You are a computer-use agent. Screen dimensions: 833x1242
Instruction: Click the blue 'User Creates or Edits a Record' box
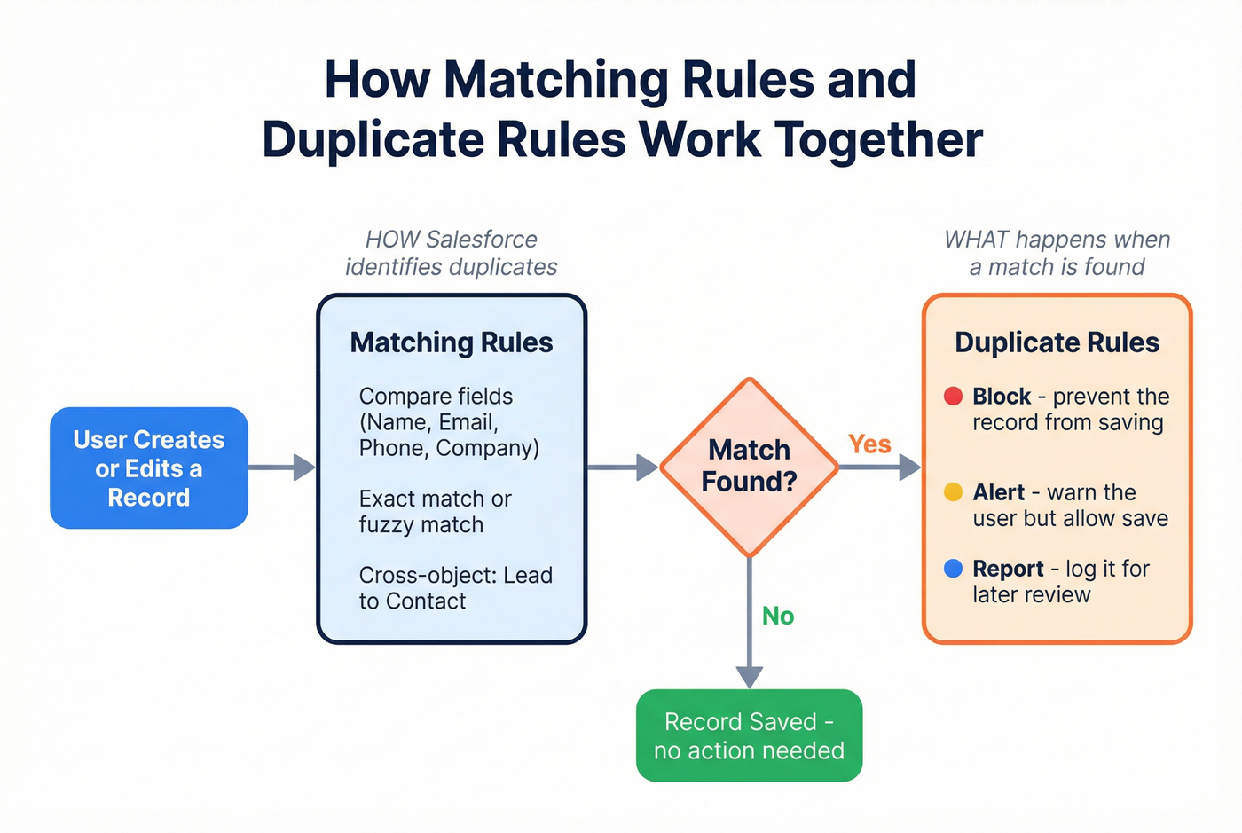[x=149, y=468]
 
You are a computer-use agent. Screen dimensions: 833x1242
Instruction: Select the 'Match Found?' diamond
[x=749, y=467]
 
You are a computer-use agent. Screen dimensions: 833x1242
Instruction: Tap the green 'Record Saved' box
[x=749, y=735]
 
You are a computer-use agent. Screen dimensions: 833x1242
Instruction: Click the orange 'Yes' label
[x=869, y=444]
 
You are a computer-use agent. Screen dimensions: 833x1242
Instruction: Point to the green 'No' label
[x=777, y=616]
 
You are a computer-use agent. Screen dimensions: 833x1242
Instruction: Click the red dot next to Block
[x=953, y=396]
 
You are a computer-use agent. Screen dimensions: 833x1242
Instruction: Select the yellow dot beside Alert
[x=953, y=492]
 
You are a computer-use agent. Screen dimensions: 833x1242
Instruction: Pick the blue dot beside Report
[x=953, y=569]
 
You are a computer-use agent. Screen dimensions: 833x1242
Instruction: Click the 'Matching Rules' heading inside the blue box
[x=451, y=342]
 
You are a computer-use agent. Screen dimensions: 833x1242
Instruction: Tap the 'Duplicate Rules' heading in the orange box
[x=1057, y=342]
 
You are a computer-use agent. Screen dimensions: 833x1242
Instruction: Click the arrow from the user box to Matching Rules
[x=281, y=467]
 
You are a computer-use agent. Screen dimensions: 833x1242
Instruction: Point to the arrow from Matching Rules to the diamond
[x=622, y=467]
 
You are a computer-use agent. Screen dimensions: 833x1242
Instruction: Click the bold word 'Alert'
[x=998, y=492]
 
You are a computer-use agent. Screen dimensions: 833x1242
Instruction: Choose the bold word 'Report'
[x=1008, y=569]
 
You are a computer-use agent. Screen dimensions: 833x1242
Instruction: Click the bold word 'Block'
[x=1002, y=396]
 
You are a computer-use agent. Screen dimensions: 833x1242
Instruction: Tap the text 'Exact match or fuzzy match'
[x=435, y=512]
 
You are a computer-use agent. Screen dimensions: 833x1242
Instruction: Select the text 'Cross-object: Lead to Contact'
[x=455, y=588]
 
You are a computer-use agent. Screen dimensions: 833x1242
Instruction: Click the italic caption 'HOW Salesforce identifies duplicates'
[x=451, y=253]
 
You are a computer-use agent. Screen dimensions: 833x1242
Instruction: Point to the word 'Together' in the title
[x=878, y=139]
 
